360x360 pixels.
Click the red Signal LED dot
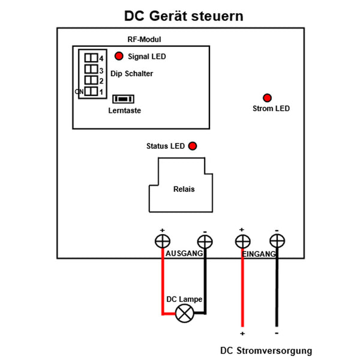tap(119, 56)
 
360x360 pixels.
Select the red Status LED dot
tap(193, 146)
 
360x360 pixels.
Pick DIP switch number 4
tap(91, 58)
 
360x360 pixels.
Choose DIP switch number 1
tap(91, 92)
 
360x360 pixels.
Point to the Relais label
tap(184, 189)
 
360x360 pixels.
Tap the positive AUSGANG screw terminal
tap(162, 241)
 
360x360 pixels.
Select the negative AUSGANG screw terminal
tap(205, 241)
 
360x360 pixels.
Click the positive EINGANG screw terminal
tap(242, 241)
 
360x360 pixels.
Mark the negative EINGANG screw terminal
tap(277, 241)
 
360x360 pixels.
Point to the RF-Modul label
tap(144, 40)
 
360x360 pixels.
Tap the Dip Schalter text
tap(132, 74)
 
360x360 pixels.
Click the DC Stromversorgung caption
tap(266, 351)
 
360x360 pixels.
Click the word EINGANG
tap(259, 254)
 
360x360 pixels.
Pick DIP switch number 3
tap(91, 70)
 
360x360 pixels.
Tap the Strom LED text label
tap(271, 109)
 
